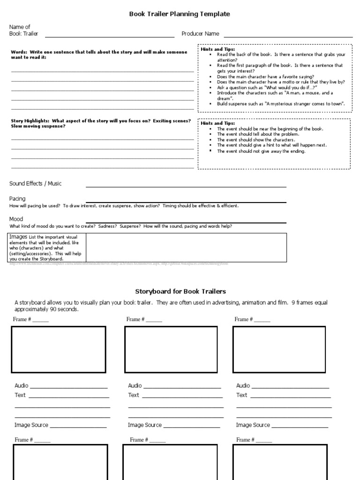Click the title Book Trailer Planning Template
180,14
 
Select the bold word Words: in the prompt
19,52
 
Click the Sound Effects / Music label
36,184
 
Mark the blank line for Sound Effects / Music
186,187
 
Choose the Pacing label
17,199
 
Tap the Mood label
16,219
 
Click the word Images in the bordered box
19,237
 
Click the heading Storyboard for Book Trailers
180,292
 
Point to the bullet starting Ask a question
267,88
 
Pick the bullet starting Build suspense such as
281,104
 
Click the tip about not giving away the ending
261,151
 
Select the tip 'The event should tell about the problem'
258,134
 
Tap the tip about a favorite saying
265,76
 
